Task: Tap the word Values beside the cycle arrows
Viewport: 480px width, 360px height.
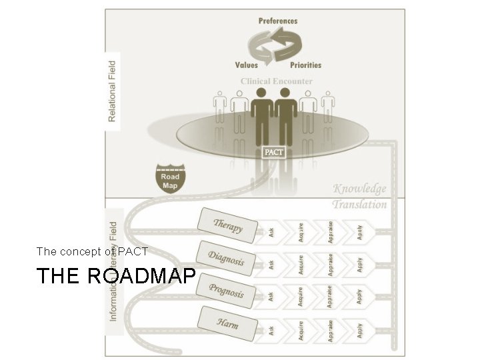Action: [x=246, y=65]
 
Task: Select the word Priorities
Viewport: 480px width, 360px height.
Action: [x=305, y=65]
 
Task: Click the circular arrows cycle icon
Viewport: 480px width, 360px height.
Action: [x=273, y=43]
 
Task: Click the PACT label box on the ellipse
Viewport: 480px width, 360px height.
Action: [x=273, y=153]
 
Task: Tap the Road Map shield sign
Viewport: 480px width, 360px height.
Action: [x=170, y=177]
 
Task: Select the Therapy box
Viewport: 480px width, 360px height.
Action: [x=227, y=225]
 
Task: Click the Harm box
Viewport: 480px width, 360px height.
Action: [x=227, y=325]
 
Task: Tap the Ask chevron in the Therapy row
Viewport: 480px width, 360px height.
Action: [x=271, y=231]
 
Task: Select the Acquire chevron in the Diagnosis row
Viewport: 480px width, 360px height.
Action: [x=301, y=262]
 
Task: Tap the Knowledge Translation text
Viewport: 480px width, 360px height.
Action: [x=359, y=196]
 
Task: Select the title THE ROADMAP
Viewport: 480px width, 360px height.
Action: [x=116, y=276]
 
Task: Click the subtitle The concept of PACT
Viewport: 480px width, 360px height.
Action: [x=92, y=251]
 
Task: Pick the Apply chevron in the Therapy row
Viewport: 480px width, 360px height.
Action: [x=359, y=231]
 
